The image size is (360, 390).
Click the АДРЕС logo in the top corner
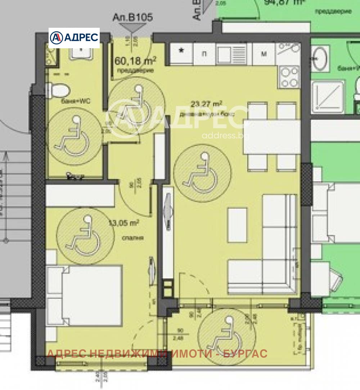pyautogui.click(x=74, y=37)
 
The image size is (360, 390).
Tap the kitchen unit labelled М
pyautogui.click(x=264, y=54)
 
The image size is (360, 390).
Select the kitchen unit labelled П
pyautogui.click(x=205, y=54)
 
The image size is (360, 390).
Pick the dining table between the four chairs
pyautogui.click(x=272, y=137)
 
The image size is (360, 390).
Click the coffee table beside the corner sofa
pyautogui.click(x=237, y=225)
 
